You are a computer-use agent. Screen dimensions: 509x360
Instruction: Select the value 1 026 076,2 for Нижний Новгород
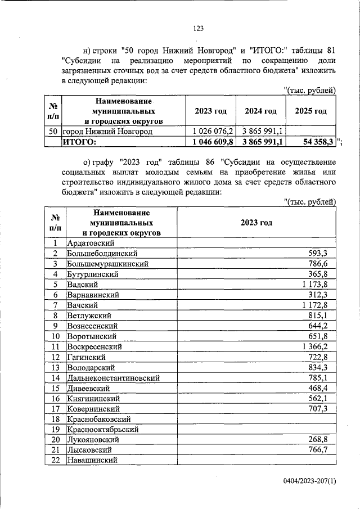coord(209,131)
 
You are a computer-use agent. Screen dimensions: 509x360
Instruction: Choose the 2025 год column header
coord(310,111)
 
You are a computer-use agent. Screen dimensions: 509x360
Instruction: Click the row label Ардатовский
coord(91,243)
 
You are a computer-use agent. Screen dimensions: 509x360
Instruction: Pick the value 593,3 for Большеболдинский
coord(323,254)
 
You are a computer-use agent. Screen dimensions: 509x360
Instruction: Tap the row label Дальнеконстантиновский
coord(113,378)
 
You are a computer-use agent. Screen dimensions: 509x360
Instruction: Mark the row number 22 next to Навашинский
coord(55,461)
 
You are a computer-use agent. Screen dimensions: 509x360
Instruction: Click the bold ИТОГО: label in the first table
coord(79,141)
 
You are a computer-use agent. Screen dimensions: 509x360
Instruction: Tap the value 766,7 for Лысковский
coord(323,450)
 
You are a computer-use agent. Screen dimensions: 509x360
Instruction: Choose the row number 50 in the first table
coord(53,131)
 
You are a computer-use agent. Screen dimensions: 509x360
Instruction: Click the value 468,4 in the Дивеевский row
coord(323,388)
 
